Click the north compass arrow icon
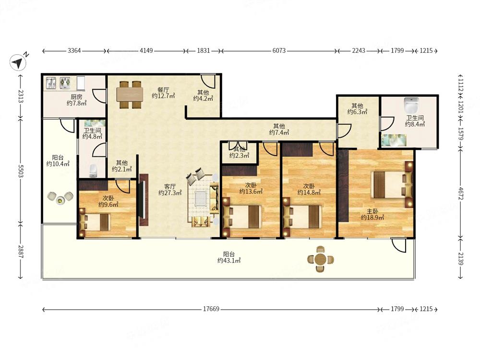(18, 62)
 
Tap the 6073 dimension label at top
(279, 50)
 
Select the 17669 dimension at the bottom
(211, 309)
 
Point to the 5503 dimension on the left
(21, 171)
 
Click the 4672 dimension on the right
(461, 193)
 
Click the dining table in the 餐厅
(130, 95)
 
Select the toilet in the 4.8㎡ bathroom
(93, 171)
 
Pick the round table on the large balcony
(321, 259)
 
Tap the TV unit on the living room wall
(143, 200)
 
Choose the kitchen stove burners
(65, 83)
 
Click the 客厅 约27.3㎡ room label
(170, 190)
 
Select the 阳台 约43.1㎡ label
(228, 257)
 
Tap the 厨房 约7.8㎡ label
(76, 100)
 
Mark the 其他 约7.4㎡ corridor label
(279, 129)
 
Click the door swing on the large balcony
(399, 245)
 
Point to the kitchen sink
(51, 83)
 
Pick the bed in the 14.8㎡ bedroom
(302, 217)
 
